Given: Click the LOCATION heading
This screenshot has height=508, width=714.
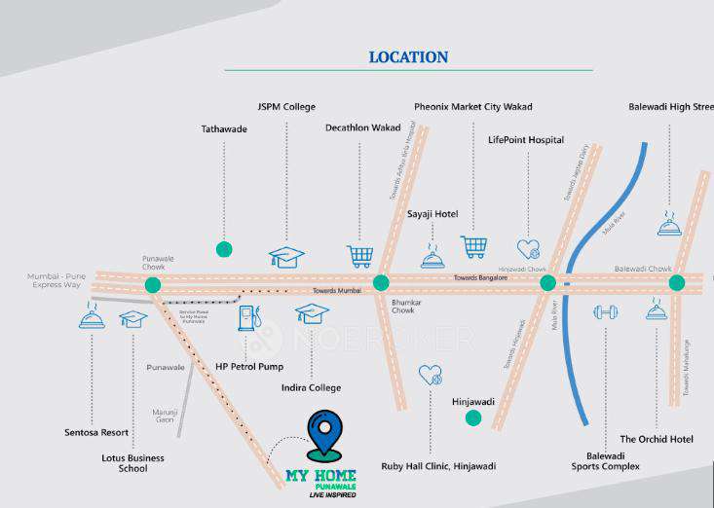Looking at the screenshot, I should pos(408,57).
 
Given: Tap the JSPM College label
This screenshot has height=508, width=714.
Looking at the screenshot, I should pos(286,106).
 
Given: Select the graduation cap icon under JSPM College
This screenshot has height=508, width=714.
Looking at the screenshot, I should pos(286,257).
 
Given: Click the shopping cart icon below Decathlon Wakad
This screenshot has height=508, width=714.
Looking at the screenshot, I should pos(360,256).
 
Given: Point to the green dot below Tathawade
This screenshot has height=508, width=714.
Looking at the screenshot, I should pos(224,249).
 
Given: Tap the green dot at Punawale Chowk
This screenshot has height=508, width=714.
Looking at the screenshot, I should pos(152,285).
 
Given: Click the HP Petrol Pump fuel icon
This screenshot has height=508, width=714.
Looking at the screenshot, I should pos(249,317).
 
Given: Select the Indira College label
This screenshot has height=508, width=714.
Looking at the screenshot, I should pos(312,387).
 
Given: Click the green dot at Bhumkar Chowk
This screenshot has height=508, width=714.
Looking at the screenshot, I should pos(381,283).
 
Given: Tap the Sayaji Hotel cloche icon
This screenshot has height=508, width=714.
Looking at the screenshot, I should pos(432,258).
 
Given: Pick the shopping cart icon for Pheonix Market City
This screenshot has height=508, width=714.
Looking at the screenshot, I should pos(473,246).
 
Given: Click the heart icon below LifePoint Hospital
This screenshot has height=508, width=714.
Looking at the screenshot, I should pos(528,249).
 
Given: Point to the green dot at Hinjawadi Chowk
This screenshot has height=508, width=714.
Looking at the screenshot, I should pos(548,283).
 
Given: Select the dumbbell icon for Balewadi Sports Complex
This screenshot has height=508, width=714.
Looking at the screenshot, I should pos(606,312).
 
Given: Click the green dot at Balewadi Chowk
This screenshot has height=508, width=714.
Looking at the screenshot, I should pos(676,283).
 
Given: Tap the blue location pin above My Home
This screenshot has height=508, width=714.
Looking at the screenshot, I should pos(323,435).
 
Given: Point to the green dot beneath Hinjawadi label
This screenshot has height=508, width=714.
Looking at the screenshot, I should pos(473,418).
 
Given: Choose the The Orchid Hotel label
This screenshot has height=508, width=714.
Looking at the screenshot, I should pos(657,439).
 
